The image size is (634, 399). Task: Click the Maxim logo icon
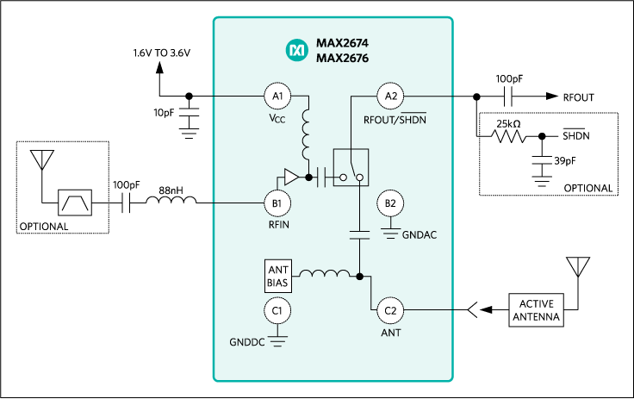[x=296, y=51]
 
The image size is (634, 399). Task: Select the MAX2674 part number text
[x=341, y=43]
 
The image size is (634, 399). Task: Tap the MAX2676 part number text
[x=341, y=59]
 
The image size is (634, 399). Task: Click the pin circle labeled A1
[x=277, y=95]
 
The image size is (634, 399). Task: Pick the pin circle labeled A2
[x=390, y=95]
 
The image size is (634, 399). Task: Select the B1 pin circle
[x=277, y=203]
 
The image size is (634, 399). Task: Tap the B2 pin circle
[x=390, y=203]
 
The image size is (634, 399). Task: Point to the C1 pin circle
[x=277, y=310]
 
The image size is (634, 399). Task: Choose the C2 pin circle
[x=390, y=310]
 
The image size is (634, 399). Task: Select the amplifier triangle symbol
[x=291, y=178]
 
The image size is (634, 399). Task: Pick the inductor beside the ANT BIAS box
[x=319, y=276]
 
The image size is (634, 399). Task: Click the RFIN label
[x=277, y=224]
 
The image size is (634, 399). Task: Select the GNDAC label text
[x=420, y=234]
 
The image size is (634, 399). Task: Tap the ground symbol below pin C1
[x=277, y=341]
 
